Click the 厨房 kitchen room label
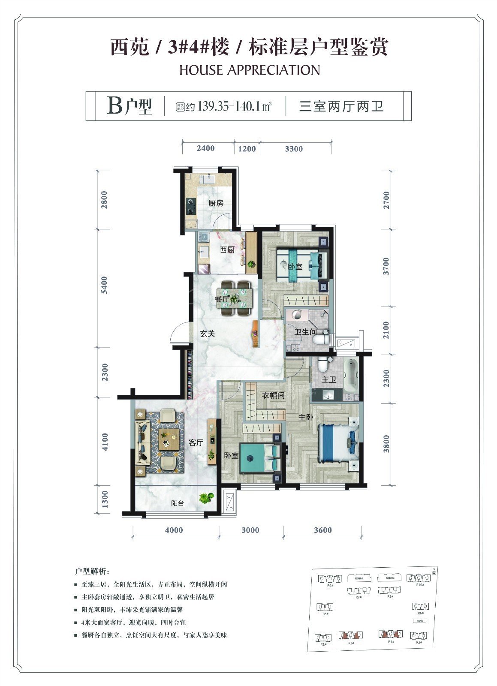216,203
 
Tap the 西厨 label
227,250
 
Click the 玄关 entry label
208,334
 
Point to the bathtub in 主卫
350,375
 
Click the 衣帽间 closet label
273,395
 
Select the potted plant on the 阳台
206,498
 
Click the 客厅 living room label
196,442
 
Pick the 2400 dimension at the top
205,148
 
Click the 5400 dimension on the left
105,285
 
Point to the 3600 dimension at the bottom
322,530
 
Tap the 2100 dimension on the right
386,330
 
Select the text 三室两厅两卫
341,106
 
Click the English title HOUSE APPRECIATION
250,70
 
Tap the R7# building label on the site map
358,597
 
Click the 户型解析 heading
92,572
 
